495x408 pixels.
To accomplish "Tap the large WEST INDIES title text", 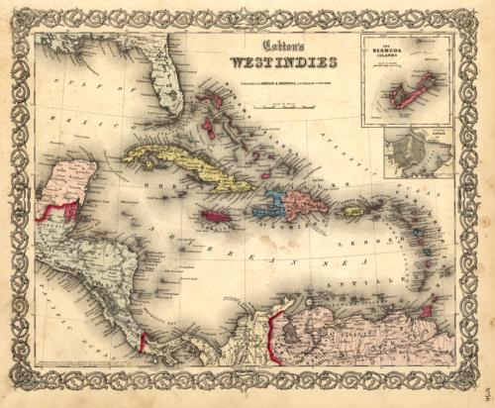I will click(x=282, y=62).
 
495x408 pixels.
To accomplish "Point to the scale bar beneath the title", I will click(x=283, y=89).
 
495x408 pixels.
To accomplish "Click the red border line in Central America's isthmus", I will click(x=145, y=341).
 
